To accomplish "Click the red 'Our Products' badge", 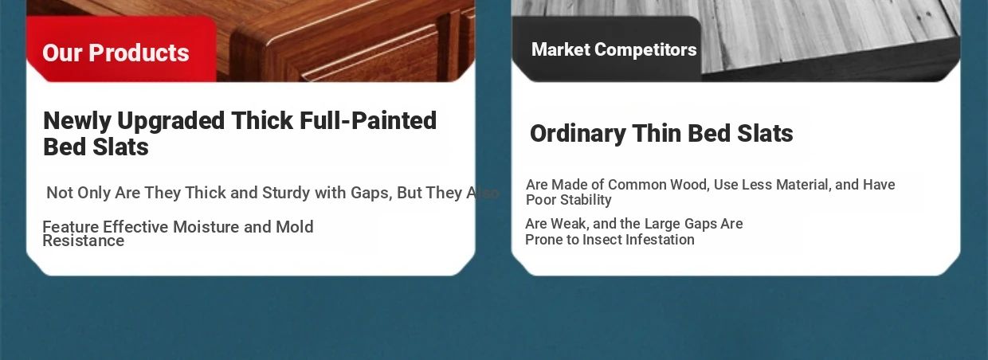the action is click(x=121, y=49).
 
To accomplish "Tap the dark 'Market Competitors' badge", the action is click(x=606, y=49).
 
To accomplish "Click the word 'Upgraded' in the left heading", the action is click(x=171, y=122).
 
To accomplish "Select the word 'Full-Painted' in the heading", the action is click(x=368, y=121).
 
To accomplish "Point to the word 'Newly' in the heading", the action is click(x=77, y=122).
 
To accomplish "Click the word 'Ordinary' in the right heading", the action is click(x=578, y=134).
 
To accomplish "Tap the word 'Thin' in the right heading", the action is click(x=657, y=133).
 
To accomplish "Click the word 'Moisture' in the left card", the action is click(x=206, y=227).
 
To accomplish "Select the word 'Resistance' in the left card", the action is click(x=84, y=241).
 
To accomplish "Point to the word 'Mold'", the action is click(x=295, y=227).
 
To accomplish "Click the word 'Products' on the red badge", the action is click(x=139, y=53).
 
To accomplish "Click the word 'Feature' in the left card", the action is click(x=71, y=227).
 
